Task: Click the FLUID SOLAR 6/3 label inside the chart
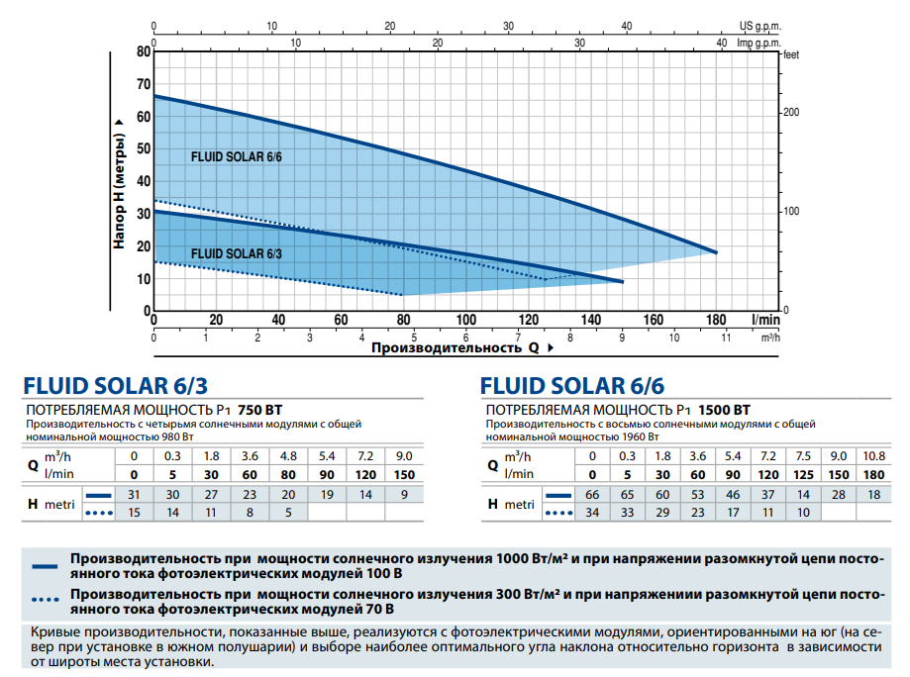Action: point(237,253)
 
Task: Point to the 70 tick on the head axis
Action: point(145,83)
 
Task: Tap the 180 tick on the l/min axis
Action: point(716,320)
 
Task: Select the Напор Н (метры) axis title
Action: point(119,182)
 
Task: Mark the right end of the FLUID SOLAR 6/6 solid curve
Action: point(716,252)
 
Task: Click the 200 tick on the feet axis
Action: point(790,112)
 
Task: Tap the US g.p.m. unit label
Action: point(760,26)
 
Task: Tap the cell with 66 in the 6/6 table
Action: point(593,495)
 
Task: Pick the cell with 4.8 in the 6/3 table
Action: point(287,456)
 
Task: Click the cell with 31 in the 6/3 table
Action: point(136,495)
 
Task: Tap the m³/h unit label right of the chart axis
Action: point(770,338)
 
